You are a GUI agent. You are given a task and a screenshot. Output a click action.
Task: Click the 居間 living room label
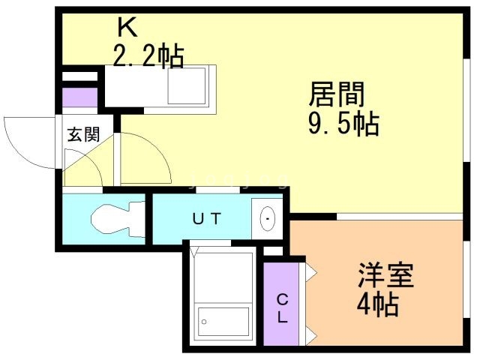(337, 95)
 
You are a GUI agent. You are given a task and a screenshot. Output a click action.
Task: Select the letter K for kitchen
(126, 28)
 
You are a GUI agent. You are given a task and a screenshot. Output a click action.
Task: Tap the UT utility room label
(206, 219)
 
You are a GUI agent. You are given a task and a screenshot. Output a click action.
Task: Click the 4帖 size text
(377, 304)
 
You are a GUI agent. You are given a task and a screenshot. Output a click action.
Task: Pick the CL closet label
(282, 307)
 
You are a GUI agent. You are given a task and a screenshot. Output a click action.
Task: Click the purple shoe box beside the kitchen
(80, 98)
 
